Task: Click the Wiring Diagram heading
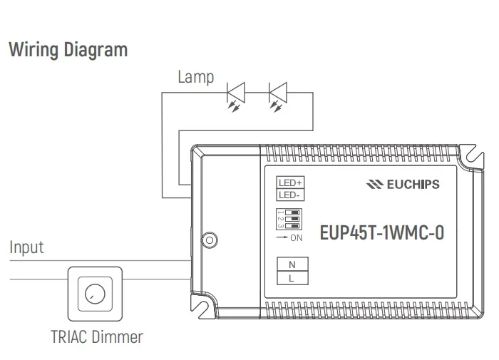pyautogui.click(x=68, y=51)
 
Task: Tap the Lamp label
pyautogui.click(x=196, y=77)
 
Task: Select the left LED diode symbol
pyautogui.click(x=235, y=93)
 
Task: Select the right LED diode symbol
pyautogui.click(x=277, y=93)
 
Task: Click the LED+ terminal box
pyautogui.click(x=289, y=182)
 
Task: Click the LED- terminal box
pyautogui.click(x=289, y=194)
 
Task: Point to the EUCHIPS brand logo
pyautogui.click(x=402, y=184)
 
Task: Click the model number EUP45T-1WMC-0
pyautogui.click(x=381, y=234)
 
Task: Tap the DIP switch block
pyautogui.click(x=289, y=220)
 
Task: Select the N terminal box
pyautogui.click(x=292, y=264)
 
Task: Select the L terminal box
pyautogui.click(x=292, y=279)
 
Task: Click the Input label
pyautogui.click(x=26, y=247)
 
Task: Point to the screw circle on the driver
pyautogui.click(x=210, y=240)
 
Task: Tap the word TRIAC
pyautogui.click(x=70, y=336)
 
